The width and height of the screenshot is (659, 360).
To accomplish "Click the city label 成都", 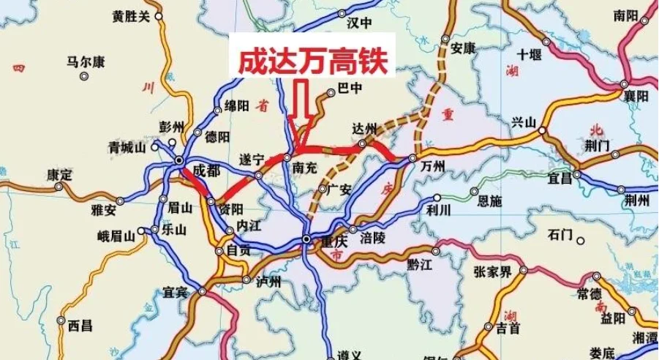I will (x=206, y=170).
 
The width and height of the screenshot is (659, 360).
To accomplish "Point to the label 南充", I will (x=304, y=168).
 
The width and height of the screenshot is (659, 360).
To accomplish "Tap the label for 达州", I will (x=363, y=127).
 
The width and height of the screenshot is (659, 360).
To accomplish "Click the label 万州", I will (x=433, y=166).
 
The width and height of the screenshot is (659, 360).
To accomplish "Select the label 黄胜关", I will (x=131, y=15).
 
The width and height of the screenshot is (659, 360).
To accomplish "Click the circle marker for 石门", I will (x=580, y=240).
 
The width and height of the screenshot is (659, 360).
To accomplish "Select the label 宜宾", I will (x=176, y=293).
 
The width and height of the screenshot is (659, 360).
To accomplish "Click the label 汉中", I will (x=359, y=23).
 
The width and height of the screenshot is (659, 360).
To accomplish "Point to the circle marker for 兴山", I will (x=542, y=130).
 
